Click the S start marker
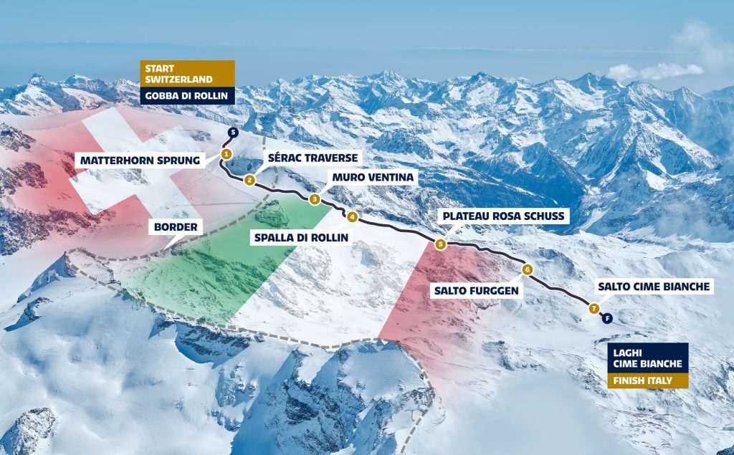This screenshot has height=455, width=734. (x=232, y=132)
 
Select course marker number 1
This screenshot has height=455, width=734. (x=226, y=153)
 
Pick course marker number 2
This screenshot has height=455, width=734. (x=249, y=180)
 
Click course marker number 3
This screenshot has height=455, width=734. (x=314, y=199)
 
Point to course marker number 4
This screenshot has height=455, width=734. (x=352, y=216)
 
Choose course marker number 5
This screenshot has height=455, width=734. (x=440, y=244)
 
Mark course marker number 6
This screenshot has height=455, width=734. (x=527, y=269)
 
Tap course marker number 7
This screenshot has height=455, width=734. (x=594, y=309)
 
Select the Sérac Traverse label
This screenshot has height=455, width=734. (x=312, y=157)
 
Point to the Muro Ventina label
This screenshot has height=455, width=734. (x=371, y=177)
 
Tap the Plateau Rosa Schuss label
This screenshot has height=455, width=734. (x=505, y=216)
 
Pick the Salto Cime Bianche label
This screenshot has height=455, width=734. (x=654, y=287)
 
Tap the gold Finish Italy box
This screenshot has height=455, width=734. (x=647, y=380)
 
